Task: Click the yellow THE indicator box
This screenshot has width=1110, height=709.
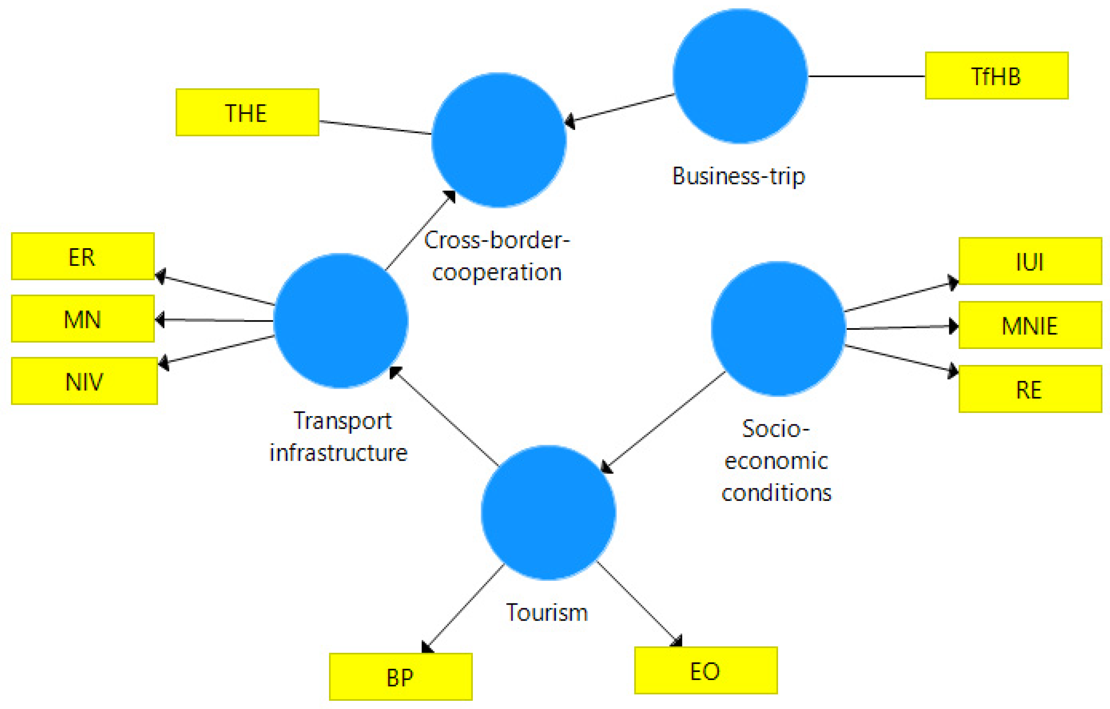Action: pos(247,113)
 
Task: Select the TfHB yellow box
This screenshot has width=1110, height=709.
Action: pos(997,76)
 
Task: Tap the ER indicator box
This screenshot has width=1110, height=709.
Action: pos(83,256)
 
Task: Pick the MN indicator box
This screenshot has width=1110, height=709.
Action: pos(83,319)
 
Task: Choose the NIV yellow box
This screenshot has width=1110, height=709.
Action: pos(84,381)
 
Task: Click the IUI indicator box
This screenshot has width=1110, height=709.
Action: pos(1030,261)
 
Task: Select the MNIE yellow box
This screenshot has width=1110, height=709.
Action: pos(1030,325)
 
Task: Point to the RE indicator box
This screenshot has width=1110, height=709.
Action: pos(1030,389)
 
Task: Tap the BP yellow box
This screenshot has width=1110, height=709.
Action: pos(401,677)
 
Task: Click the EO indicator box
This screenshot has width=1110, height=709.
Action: pos(706,670)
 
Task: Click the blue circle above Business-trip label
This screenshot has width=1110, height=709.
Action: pos(740,76)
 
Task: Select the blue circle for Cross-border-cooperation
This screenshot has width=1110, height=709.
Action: pos(499,140)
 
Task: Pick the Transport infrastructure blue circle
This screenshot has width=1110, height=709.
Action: pos(341,321)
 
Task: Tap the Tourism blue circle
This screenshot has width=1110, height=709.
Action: pos(548,512)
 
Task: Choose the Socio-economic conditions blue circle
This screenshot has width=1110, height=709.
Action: pos(778,328)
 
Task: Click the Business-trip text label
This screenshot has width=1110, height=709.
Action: pos(738,176)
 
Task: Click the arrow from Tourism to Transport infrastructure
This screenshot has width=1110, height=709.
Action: pos(445,417)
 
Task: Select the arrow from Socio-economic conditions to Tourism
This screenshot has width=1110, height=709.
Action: pos(664,421)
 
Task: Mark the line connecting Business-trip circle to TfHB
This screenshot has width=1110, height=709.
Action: pos(866,76)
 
